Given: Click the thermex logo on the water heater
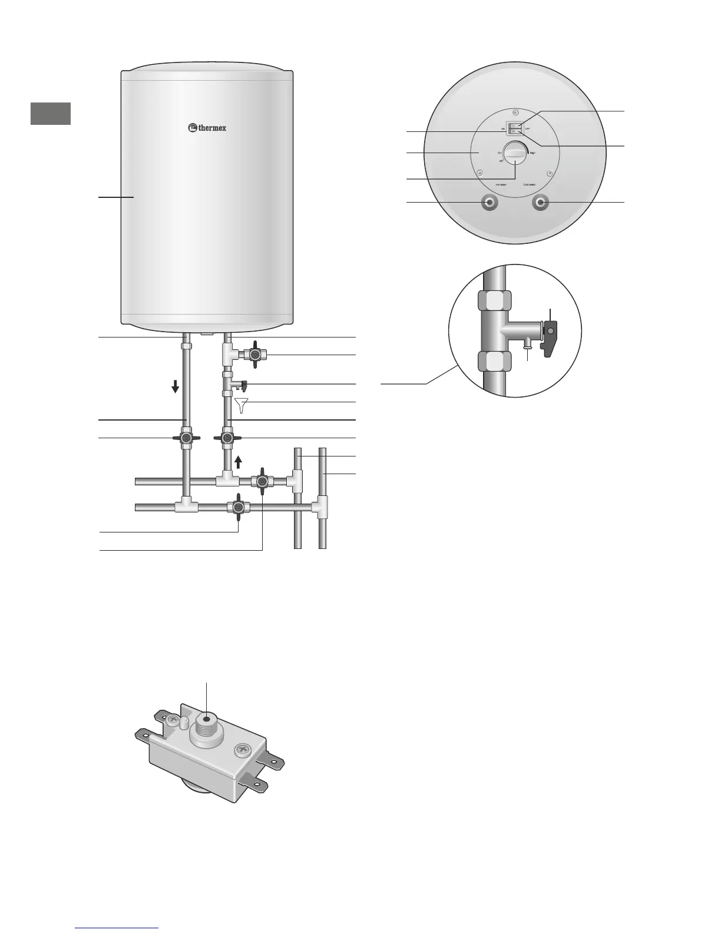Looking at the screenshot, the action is (207, 127).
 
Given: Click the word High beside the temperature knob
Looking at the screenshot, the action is (533, 153).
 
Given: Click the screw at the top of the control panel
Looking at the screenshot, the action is (515, 112).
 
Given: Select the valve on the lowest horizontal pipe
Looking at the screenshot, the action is (238, 507).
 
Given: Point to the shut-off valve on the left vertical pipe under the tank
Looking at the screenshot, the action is (186, 438).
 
